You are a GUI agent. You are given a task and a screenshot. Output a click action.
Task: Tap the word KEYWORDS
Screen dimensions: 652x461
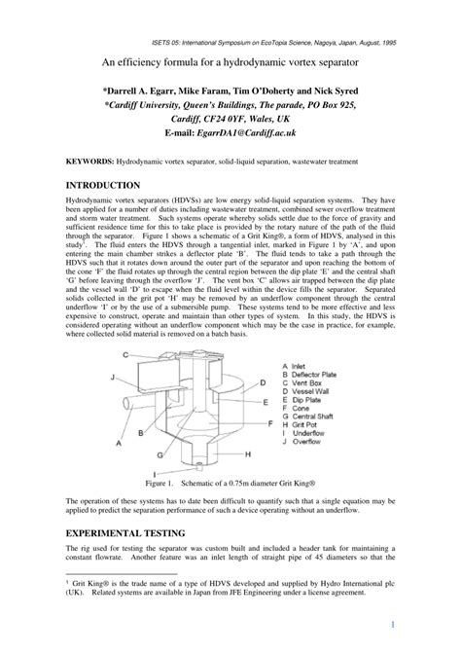tap(89, 160)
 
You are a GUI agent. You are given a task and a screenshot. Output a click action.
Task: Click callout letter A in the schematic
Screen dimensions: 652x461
tap(118, 442)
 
